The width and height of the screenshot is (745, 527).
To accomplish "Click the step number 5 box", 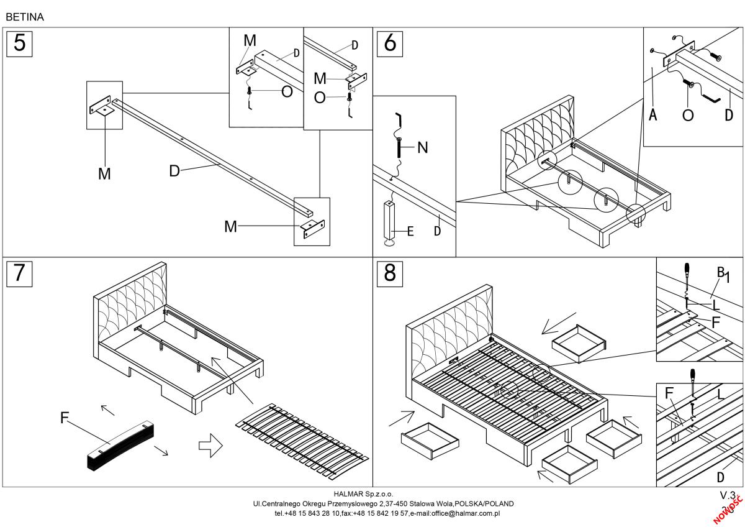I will click(x=20, y=43).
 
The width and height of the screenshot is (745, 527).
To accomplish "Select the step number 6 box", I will click(x=390, y=43).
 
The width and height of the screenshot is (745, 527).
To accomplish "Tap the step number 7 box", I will click(x=20, y=273).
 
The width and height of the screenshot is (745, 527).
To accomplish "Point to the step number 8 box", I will click(x=390, y=273).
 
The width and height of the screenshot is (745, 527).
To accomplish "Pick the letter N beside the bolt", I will click(x=423, y=148).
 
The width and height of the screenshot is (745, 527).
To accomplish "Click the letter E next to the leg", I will click(x=410, y=232).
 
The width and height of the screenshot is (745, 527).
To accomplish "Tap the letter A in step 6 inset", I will click(x=652, y=115).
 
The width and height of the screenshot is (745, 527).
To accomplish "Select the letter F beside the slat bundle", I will click(x=65, y=418).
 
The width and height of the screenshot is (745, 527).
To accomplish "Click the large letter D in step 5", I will click(x=174, y=170).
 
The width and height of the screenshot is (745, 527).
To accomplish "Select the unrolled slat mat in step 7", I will click(x=302, y=438).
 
